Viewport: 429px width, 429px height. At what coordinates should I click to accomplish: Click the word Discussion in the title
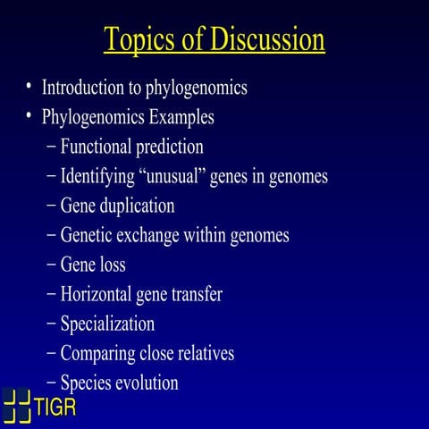point(265,40)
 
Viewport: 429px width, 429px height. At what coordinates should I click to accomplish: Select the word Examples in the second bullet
point(182,117)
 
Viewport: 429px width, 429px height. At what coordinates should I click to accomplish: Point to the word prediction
point(172,147)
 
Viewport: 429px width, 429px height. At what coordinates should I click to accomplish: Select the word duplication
point(138,206)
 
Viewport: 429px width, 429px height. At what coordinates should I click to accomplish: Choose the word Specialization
point(107,324)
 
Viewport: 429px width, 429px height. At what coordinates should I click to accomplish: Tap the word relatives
point(205,353)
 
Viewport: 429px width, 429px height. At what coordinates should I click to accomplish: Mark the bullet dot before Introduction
point(29,87)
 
